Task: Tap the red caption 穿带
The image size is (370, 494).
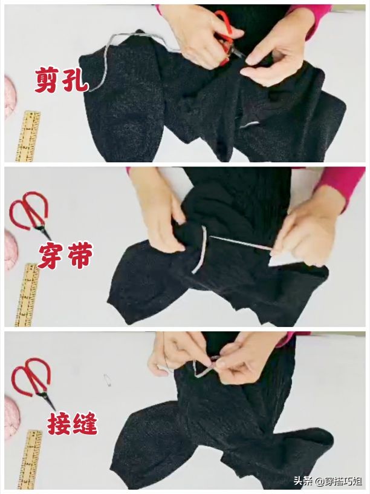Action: tap(65, 255)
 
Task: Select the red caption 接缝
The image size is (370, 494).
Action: tap(73, 423)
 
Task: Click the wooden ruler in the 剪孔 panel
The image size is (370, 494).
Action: tap(28, 136)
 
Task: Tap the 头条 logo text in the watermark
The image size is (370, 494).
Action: tap(304, 481)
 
